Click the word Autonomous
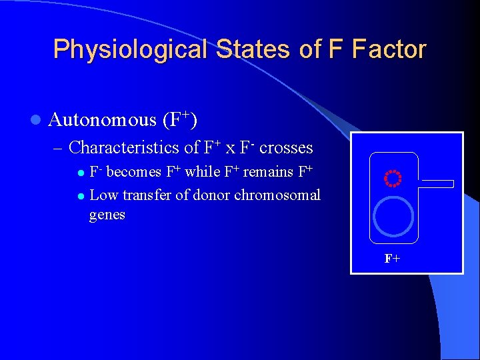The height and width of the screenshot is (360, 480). (x=102, y=120)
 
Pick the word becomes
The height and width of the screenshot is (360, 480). (x=134, y=172)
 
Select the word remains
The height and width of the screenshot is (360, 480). (x=269, y=172)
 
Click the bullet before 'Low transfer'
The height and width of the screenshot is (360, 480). (x=80, y=196)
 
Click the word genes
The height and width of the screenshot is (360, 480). (x=107, y=215)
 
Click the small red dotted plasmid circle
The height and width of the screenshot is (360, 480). (x=393, y=179)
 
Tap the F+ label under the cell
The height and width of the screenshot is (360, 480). (x=393, y=259)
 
